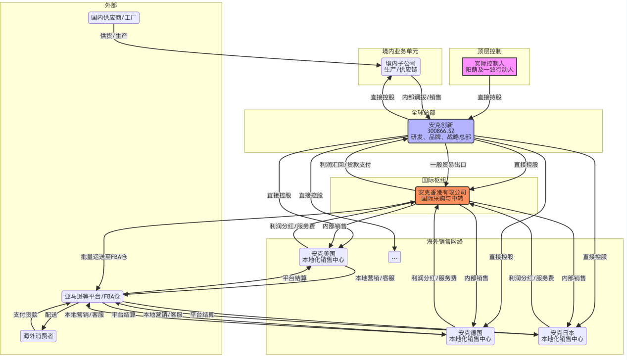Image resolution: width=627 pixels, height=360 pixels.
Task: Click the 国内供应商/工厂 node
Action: click(x=114, y=18)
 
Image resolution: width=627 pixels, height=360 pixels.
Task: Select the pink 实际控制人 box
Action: click(x=489, y=67)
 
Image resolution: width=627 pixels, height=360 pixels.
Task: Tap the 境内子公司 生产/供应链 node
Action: click(x=400, y=67)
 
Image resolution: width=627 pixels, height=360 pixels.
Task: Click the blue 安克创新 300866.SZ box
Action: click(x=440, y=131)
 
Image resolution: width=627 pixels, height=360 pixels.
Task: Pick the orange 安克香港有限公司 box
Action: click(x=442, y=195)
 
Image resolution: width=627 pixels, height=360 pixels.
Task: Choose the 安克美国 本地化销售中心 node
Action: click(x=323, y=257)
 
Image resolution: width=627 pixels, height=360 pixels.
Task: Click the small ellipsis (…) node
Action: click(x=394, y=257)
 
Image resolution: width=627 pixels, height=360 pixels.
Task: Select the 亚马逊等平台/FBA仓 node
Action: click(x=92, y=297)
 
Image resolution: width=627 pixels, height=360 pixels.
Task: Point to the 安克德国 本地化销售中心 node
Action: click(x=470, y=336)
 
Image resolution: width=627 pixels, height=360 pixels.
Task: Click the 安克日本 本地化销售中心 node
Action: click(x=562, y=336)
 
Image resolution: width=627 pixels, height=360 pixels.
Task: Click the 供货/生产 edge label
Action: click(x=114, y=36)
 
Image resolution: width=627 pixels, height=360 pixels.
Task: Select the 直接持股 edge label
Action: click(x=489, y=97)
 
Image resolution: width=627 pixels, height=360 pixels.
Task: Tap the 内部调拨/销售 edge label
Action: click(x=422, y=97)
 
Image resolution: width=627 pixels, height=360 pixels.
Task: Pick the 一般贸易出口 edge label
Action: click(x=448, y=165)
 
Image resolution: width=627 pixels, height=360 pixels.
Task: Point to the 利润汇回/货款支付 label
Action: click(x=345, y=165)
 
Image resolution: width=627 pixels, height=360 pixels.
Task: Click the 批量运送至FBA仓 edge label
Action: click(x=104, y=257)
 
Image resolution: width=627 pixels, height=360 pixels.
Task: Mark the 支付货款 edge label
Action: click(x=25, y=315)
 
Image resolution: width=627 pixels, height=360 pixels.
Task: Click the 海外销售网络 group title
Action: click(x=444, y=242)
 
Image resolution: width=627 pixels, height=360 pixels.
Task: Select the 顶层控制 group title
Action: click(x=489, y=51)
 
